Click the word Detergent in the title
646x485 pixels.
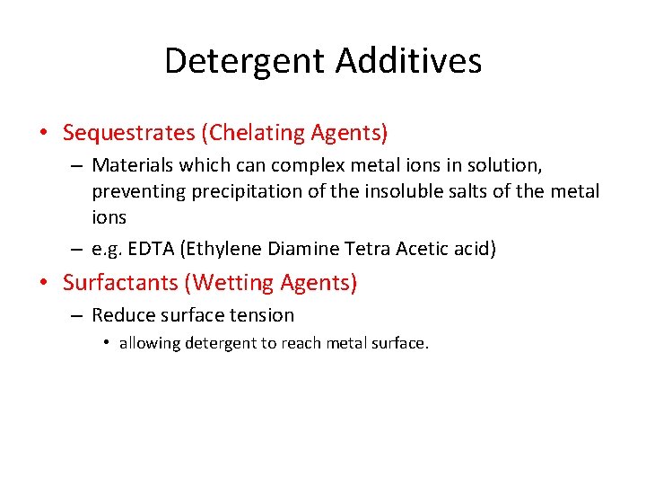coord(245,61)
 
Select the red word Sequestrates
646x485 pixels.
coord(128,134)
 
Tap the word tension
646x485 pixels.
coord(262,315)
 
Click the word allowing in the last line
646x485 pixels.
coord(149,343)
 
